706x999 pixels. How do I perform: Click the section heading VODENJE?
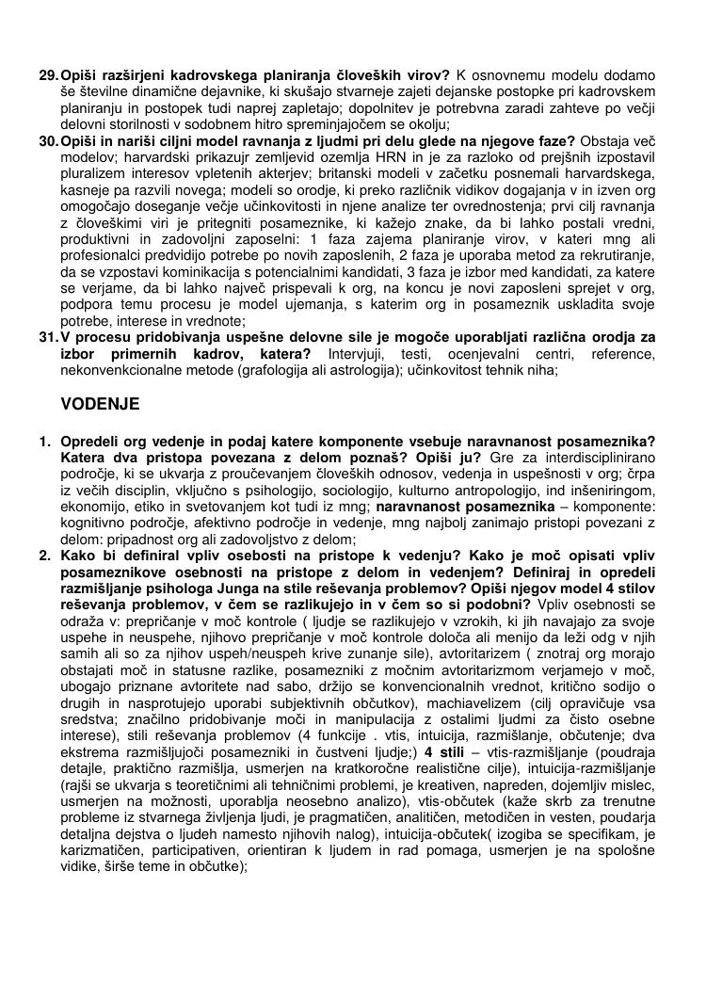pyautogui.click(x=100, y=405)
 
